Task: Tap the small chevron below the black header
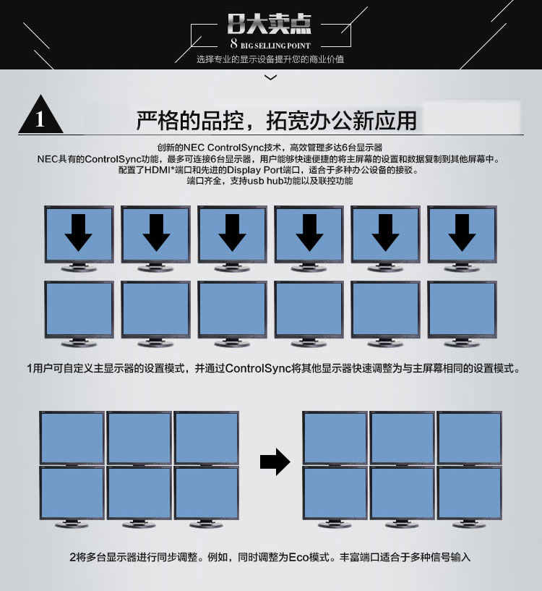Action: tap(271, 77)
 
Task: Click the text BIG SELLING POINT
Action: tap(275, 46)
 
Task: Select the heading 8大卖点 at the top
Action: tap(270, 24)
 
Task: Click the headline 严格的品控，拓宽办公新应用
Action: tap(276, 121)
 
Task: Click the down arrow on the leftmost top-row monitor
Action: tap(78, 232)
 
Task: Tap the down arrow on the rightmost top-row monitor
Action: tap(462, 232)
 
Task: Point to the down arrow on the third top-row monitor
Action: tap(232, 232)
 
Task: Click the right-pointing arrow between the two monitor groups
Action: tap(275, 462)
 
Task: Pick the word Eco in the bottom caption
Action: tap(298, 557)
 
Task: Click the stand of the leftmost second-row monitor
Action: tap(79, 343)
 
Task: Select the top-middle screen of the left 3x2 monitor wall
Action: tap(139, 438)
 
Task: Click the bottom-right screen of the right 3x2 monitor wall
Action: tap(469, 493)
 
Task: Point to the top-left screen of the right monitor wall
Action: tap(335, 438)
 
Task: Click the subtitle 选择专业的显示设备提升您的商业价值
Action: tap(270, 59)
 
